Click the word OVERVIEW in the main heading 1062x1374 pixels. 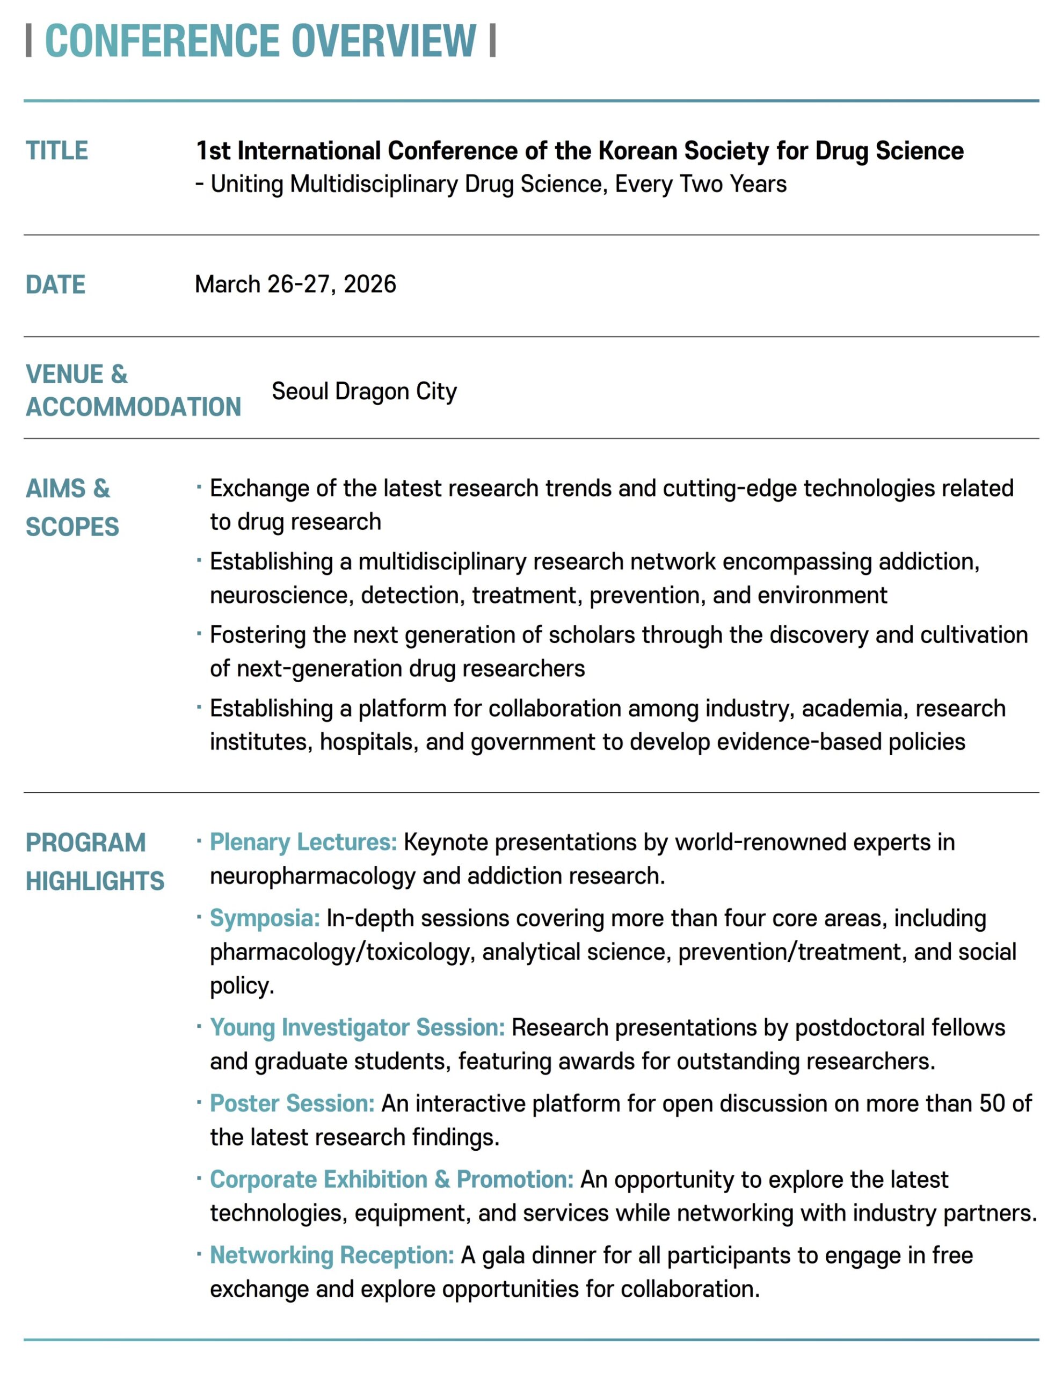click(x=383, y=41)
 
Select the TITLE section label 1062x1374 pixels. click(x=57, y=151)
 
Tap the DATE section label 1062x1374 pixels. click(x=55, y=285)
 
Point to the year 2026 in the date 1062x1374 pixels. click(x=369, y=284)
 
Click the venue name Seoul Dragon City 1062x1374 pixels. click(x=364, y=391)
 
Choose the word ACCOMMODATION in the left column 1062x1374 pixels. click(x=134, y=407)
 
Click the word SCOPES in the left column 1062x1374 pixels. click(x=72, y=527)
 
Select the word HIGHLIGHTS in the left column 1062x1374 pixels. click(x=95, y=881)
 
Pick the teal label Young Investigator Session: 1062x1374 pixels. click(x=357, y=1027)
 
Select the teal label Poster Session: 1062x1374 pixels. click(x=292, y=1103)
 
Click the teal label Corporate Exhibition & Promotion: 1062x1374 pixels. click(x=391, y=1180)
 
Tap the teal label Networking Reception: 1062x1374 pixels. click(x=332, y=1255)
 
